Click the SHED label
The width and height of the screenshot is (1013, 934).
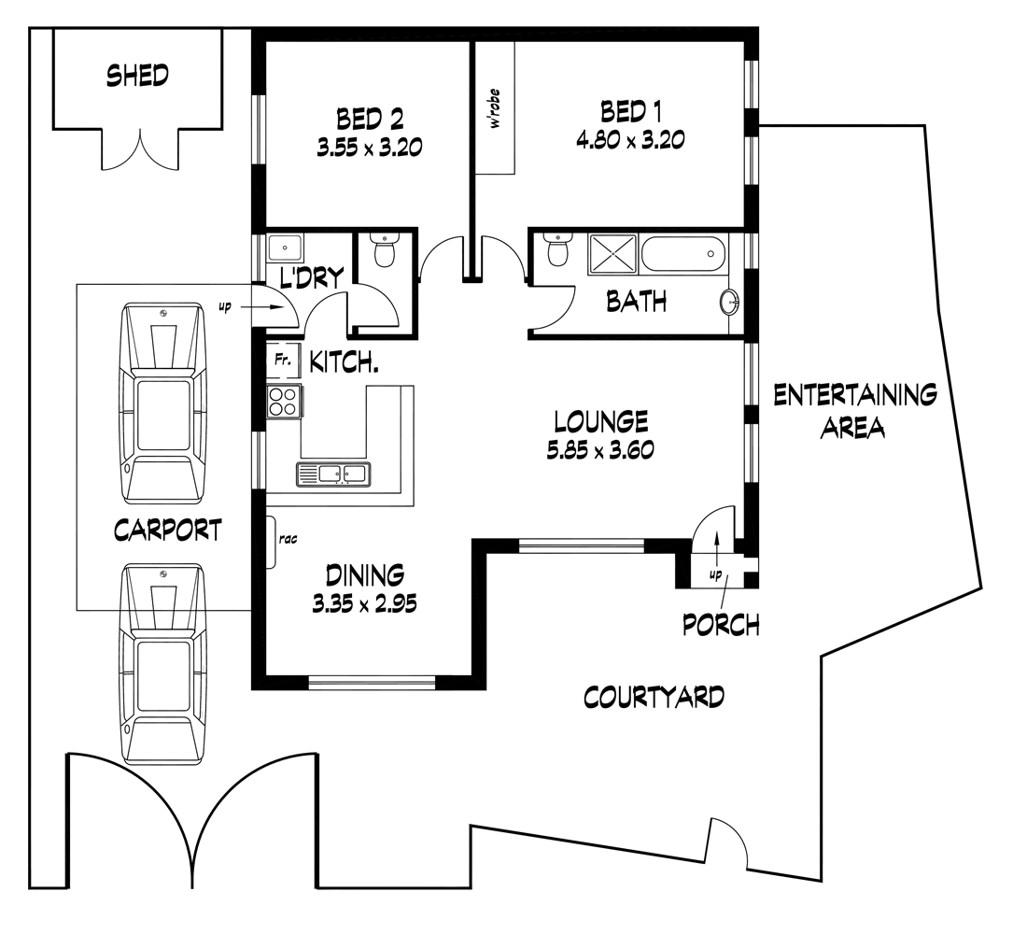(137, 75)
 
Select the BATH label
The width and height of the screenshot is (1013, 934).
(637, 301)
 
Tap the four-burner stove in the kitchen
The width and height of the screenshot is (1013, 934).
(284, 401)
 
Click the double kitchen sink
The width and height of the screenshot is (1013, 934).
(332, 474)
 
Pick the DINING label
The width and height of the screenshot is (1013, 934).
(364, 573)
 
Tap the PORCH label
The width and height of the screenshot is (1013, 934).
(721, 624)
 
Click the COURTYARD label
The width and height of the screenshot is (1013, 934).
(654, 697)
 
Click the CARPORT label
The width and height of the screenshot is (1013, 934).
(168, 530)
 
